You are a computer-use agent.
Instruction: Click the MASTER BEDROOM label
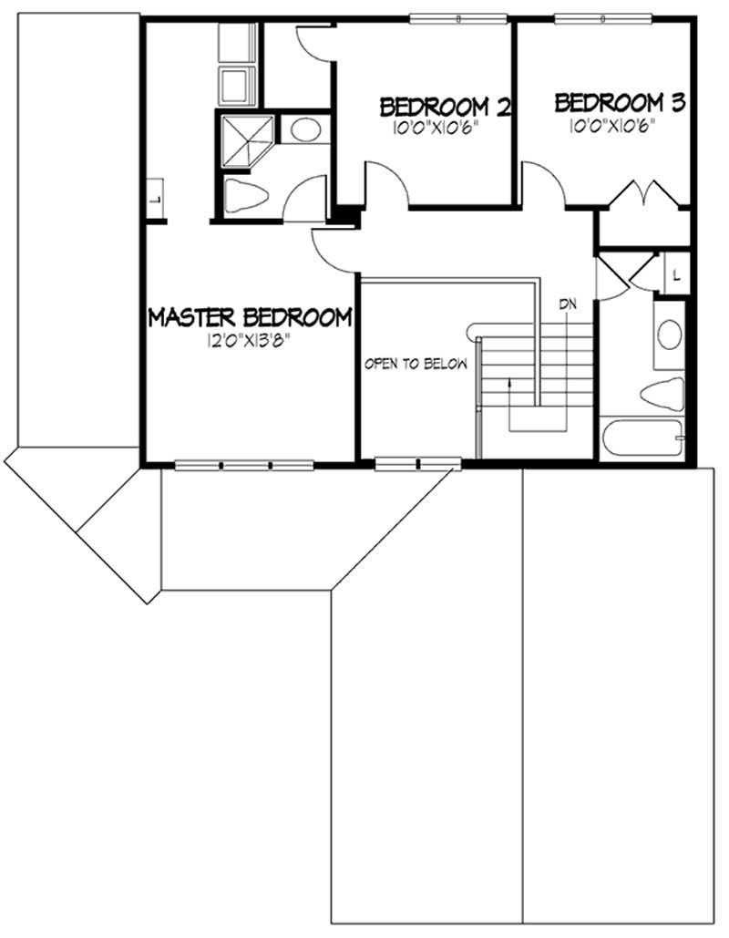click(x=250, y=317)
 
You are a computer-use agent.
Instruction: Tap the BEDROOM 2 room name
click(x=444, y=107)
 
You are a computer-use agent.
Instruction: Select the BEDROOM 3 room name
click(x=620, y=102)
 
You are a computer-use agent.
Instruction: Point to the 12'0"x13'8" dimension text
click(x=249, y=345)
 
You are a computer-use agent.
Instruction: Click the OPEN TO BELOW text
click(x=416, y=365)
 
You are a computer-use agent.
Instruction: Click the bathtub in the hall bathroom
click(x=642, y=438)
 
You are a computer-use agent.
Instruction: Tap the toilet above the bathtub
click(x=662, y=394)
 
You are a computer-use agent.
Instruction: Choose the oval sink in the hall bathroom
click(x=670, y=335)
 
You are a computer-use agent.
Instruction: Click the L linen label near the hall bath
click(x=675, y=273)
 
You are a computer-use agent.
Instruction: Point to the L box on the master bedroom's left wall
click(x=152, y=198)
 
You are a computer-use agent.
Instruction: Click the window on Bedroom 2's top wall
click(x=457, y=18)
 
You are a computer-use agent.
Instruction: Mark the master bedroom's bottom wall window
click(x=245, y=465)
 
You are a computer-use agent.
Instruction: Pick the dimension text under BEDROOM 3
click(x=612, y=127)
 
